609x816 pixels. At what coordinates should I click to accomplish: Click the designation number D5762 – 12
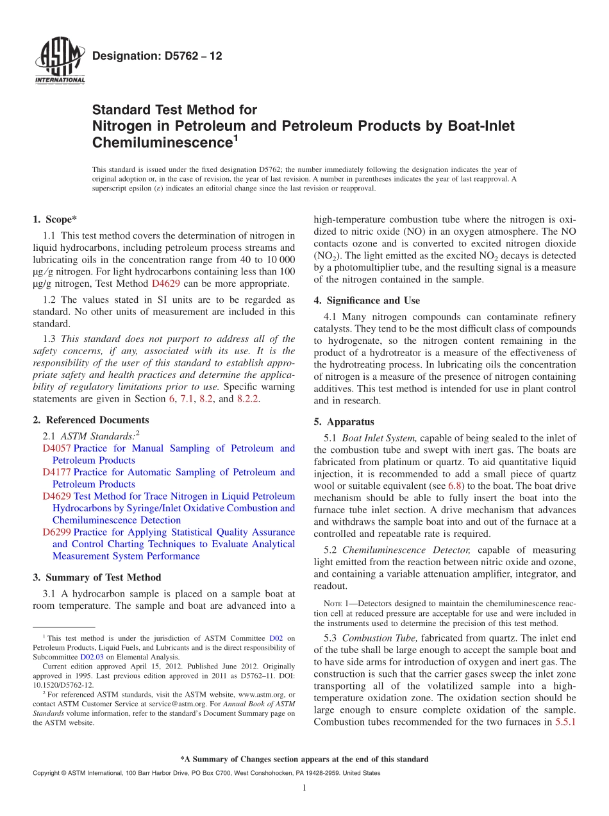[x=157, y=56]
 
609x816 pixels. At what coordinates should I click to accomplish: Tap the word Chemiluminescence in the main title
[x=162, y=142]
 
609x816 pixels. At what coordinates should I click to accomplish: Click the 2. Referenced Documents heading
[x=91, y=420]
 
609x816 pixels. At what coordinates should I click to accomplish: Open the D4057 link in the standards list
[x=56, y=448]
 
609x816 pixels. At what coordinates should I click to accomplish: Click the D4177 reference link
[x=56, y=472]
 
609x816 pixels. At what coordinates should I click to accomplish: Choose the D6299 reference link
[x=56, y=532]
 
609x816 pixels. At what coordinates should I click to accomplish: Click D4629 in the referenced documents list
[x=56, y=497]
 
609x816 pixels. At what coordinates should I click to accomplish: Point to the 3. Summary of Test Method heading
[x=97, y=577]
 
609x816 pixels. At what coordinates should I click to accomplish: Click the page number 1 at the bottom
[x=304, y=788]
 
